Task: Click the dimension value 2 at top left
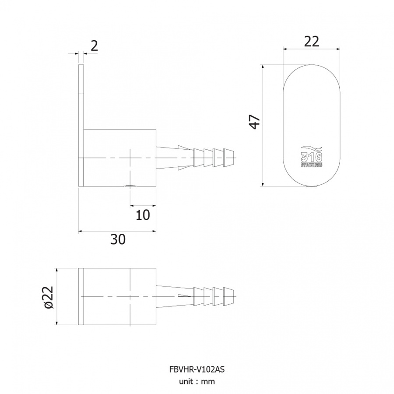coord(94,46)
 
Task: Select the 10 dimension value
coord(143,215)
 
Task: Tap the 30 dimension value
coord(118,239)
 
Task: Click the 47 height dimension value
coord(254,122)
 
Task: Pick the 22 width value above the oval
coord(312,42)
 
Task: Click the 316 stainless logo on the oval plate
coord(312,156)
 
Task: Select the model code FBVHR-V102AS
coord(197,369)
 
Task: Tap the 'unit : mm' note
coord(197,381)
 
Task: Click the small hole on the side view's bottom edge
coord(130,186)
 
